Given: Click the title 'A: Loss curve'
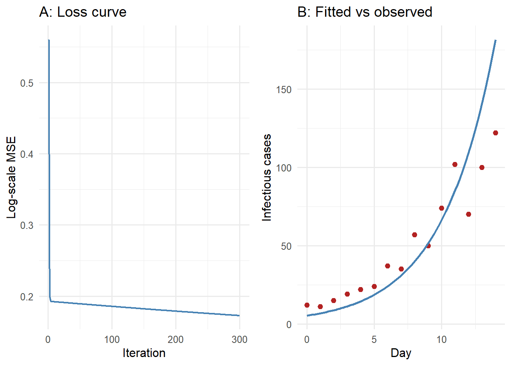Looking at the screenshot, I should point(83,12).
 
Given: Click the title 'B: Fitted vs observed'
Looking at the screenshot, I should point(364,12).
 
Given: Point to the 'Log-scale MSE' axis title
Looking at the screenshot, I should point(11,177).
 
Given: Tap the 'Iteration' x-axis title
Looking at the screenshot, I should point(144,353).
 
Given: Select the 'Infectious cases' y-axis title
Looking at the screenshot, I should point(267,177).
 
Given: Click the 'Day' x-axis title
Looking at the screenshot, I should point(401,353).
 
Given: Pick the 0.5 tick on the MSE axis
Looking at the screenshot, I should point(27,83).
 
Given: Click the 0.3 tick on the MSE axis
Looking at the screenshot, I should point(27,225).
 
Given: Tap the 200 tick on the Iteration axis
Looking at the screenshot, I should point(176,339).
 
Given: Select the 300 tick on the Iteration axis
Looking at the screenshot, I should point(240,339).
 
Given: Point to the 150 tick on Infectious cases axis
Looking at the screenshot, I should point(284,89).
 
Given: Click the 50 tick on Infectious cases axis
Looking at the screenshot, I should point(286,246).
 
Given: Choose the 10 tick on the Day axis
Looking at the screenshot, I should point(441,339).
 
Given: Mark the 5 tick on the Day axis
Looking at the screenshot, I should point(374,339).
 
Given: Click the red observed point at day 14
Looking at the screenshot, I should point(495,133).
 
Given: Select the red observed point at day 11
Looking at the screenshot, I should point(455,164).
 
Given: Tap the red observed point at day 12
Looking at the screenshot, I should point(468,214).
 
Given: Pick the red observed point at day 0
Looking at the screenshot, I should point(307,305).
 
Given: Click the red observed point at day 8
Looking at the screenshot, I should point(414,235).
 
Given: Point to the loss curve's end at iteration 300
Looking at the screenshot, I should point(239,315).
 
